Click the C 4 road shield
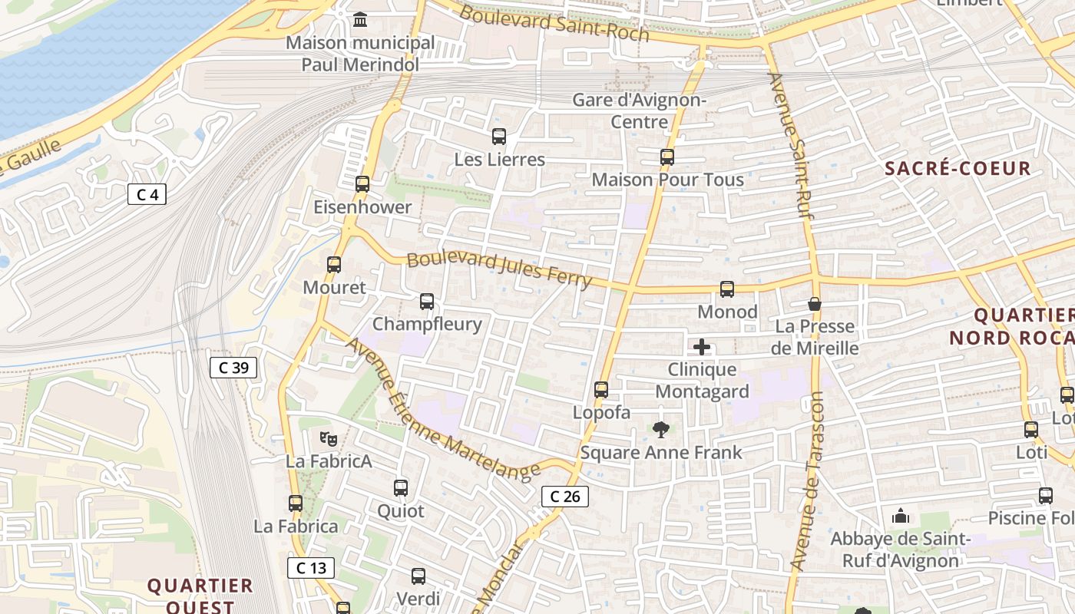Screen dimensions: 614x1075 click(147, 195)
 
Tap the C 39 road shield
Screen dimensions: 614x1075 click(233, 368)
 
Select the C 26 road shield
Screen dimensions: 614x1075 click(565, 497)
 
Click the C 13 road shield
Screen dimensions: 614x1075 click(311, 568)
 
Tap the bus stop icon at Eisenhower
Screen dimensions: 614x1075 click(362, 184)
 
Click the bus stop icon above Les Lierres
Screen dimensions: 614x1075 click(499, 137)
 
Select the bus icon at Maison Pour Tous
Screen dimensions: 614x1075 click(667, 157)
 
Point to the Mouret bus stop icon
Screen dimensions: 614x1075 click(334, 265)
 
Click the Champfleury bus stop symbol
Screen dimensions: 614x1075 click(427, 302)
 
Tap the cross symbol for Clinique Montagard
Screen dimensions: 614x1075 click(702, 347)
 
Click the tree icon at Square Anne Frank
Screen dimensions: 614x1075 click(660, 430)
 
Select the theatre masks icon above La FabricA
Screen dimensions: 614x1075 click(329, 439)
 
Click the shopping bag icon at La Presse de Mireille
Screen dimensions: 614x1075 click(815, 304)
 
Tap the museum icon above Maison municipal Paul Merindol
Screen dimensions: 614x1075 click(360, 19)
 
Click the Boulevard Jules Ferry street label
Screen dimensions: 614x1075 click(499, 270)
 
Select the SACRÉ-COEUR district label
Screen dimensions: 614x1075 click(958, 169)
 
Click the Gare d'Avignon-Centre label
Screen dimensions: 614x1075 click(640, 111)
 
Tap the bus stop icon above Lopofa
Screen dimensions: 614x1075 click(601, 390)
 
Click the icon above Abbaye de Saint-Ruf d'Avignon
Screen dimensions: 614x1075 click(901, 516)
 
